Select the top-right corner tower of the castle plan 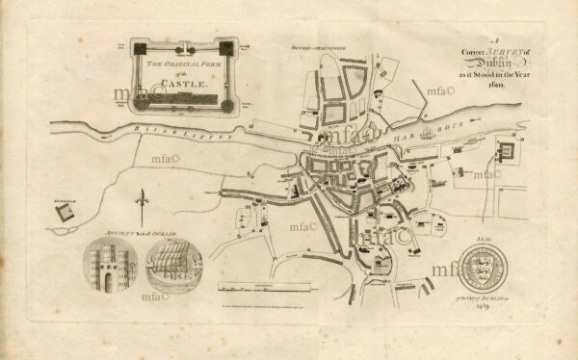(226, 46)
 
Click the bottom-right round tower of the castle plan (226, 104)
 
